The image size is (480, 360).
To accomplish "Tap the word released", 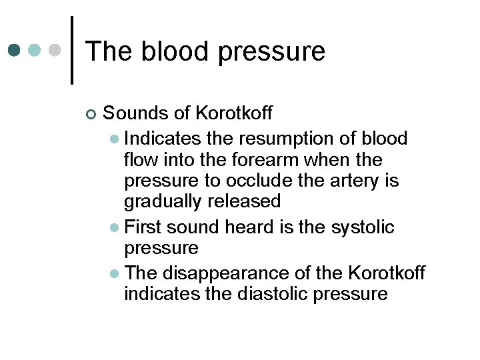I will [245, 201].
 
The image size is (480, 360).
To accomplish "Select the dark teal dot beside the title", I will [15, 51].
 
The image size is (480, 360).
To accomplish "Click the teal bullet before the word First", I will [115, 228].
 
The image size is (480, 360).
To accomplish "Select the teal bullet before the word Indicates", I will [115, 139].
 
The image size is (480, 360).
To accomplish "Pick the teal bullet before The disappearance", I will [115, 273].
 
